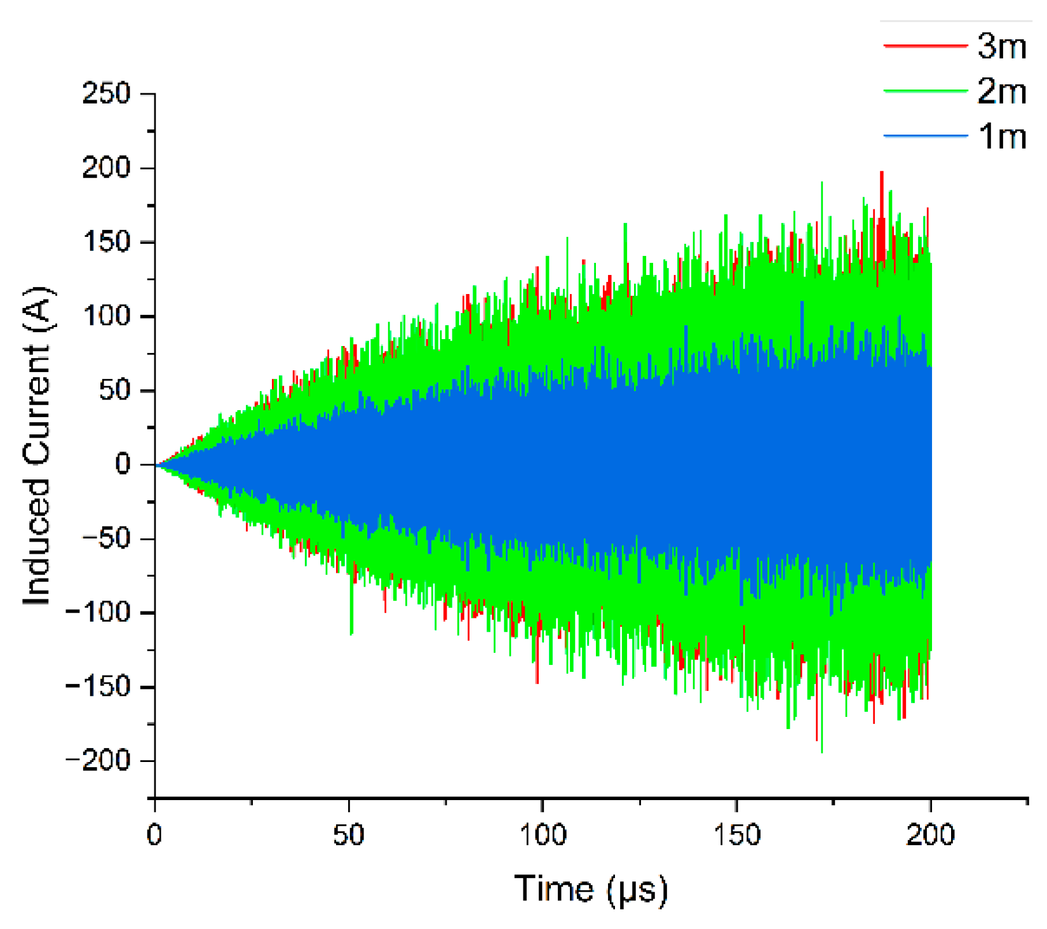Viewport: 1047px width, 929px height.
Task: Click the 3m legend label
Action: point(1002,46)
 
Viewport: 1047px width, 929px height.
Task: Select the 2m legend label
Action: point(1002,91)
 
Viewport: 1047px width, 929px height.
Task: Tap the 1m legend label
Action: point(1002,136)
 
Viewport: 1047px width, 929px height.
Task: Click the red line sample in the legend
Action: point(925,46)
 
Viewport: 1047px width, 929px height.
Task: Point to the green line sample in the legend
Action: point(925,91)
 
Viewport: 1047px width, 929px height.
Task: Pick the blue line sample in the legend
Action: point(925,136)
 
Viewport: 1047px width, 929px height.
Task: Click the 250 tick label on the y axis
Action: point(107,94)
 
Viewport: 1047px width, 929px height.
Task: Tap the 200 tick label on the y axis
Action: point(107,168)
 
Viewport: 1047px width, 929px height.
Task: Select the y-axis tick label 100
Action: point(107,316)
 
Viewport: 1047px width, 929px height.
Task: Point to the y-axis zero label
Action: point(123,464)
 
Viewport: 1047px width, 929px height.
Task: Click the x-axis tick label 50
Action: point(349,835)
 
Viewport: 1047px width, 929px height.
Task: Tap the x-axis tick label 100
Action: point(543,835)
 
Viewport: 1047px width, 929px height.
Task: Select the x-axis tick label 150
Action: point(736,835)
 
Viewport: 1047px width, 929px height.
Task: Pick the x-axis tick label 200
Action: point(930,835)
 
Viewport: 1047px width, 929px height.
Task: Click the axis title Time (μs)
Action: point(591,888)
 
